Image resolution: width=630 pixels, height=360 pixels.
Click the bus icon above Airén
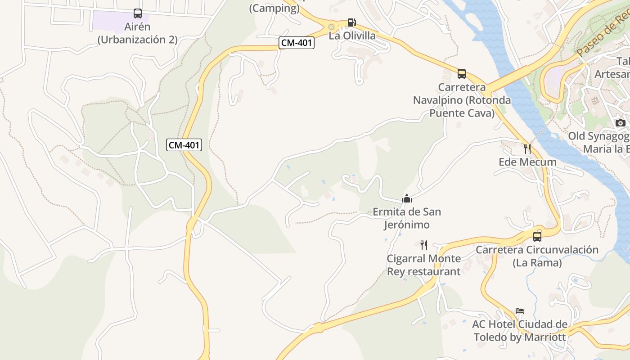click(x=138, y=13)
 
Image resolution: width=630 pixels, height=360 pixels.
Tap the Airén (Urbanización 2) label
click(x=138, y=33)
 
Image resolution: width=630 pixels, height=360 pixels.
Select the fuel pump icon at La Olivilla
click(x=351, y=22)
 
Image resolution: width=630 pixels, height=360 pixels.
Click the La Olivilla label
click(x=352, y=36)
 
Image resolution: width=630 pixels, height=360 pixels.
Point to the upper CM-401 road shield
click(x=297, y=43)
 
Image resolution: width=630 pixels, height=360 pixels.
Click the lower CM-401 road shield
click(x=184, y=145)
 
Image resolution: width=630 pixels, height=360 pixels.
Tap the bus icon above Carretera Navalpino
click(x=462, y=74)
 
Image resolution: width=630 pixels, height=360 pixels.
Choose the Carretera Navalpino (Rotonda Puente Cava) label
click(x=462, y=100)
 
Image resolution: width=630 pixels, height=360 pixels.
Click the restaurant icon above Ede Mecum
click(x=527, y=148)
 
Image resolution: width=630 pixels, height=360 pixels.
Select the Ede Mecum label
click(x=527, y=162)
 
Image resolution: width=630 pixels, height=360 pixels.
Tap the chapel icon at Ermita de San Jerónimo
click(x=407, y=198)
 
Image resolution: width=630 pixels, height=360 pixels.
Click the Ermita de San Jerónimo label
click(x=407, y=218)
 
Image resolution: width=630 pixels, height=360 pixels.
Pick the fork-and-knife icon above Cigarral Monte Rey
click(x=423, y=245)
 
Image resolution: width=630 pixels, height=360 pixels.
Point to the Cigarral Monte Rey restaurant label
click(x=424, y=265)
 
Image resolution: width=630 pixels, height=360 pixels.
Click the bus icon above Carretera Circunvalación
click(x=537, y=237)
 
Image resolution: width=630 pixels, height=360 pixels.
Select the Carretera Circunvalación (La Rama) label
click(x=537, y=256)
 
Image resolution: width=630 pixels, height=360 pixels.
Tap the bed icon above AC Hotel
click(x=520, y=311)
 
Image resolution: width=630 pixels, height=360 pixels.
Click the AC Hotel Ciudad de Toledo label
click(x=520, y=330)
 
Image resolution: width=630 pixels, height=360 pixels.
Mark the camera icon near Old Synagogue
click(x=621, y=123)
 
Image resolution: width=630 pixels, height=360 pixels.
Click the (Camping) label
click(x=274, y=8)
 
